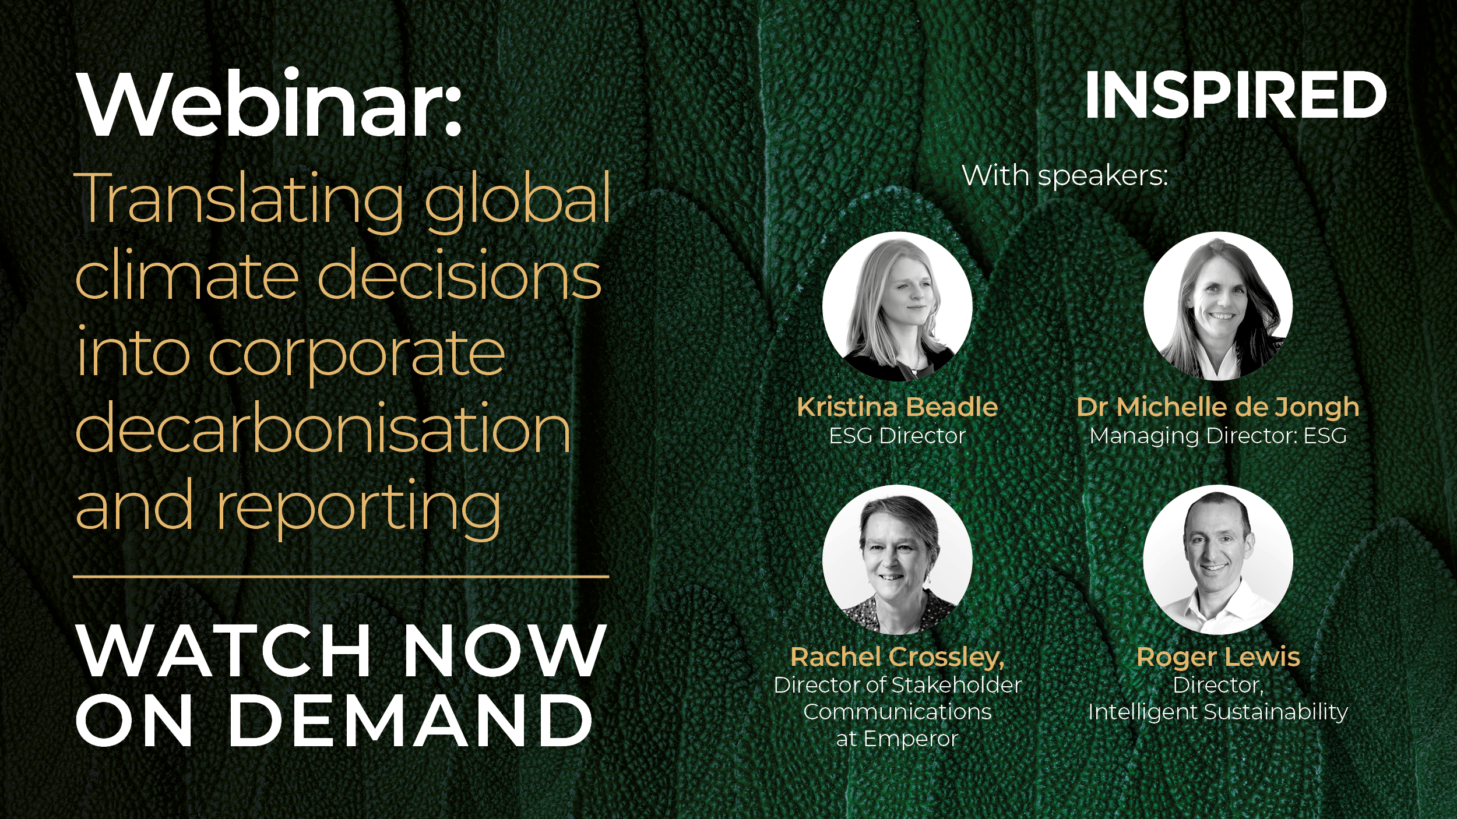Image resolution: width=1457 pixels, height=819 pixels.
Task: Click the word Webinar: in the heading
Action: click(270, 104)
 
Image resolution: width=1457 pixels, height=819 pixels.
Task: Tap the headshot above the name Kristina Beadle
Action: click(898, 306)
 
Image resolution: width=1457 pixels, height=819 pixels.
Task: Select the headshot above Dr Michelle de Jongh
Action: click(1218, 306)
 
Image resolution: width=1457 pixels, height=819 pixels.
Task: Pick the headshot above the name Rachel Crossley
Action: click(898, 559)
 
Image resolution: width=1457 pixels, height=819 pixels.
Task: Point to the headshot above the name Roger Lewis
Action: click(1218, 559)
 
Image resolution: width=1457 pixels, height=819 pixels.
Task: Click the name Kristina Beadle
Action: click(898, 407)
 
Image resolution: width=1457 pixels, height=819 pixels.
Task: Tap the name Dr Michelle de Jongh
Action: click(1218, 408)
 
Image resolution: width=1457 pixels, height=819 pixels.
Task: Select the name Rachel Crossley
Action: click(898, 658)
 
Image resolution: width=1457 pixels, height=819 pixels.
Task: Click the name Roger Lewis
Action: click(1218, 657)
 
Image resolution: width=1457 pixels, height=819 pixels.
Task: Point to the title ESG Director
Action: click(898, 436)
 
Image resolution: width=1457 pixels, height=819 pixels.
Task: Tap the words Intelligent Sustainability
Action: click(1218, 712)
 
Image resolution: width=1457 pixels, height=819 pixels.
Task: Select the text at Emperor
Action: click(898, 739)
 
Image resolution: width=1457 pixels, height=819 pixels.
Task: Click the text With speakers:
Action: click(1065, 176)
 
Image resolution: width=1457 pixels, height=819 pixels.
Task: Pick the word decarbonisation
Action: click(323, 428)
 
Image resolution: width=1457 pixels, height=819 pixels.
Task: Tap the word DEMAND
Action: click(411, 720)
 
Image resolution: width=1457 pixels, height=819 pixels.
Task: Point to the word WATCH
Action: click(224, 650)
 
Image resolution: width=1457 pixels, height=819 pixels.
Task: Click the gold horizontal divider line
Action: click(341, 577)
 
